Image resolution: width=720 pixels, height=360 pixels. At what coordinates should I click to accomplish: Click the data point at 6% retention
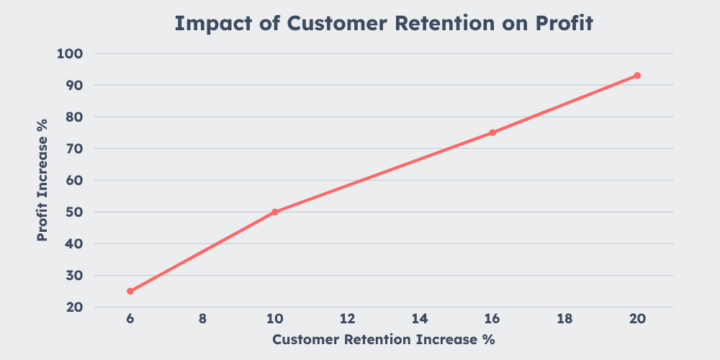tap(130, 292)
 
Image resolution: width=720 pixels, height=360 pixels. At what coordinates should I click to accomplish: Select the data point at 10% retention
tap(275, 212)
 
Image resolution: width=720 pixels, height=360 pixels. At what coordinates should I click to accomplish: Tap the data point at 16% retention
tap(492, 132)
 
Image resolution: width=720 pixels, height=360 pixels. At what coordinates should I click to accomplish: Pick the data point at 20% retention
tap(637, 76)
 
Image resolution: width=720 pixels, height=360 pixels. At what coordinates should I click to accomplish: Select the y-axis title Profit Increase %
tap(42, 180)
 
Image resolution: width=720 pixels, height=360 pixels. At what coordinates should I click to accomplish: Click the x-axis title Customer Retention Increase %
tap(383, 339)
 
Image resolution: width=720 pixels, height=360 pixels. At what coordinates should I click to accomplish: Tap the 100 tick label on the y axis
tap(71, 54)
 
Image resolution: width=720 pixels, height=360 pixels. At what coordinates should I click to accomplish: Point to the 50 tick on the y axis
tap(75, 212)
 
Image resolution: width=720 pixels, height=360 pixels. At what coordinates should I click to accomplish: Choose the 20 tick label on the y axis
tap(75, 307)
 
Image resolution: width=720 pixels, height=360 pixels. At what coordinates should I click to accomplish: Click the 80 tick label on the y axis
tap(75, 117)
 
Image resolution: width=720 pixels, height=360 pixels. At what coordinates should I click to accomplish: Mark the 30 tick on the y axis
tap(75, 276)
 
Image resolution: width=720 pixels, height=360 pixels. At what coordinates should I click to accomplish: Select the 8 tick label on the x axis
tap(202, 319)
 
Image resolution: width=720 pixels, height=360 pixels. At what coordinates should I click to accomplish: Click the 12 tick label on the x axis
tap(347, 319)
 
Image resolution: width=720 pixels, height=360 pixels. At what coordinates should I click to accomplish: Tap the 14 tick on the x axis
tap(420, 319)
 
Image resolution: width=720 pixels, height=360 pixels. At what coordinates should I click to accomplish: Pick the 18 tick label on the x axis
tap(564, 319)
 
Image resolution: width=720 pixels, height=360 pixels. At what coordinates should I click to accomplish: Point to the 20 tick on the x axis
tap(637, 319)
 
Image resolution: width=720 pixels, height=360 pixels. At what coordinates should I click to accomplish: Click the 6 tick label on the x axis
tap(130, 319)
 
